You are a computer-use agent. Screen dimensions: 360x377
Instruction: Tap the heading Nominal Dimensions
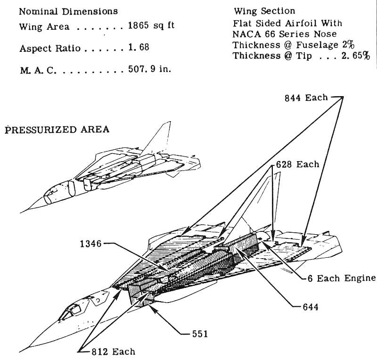[69, 11]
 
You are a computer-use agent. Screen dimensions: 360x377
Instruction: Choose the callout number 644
[310, 307]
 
